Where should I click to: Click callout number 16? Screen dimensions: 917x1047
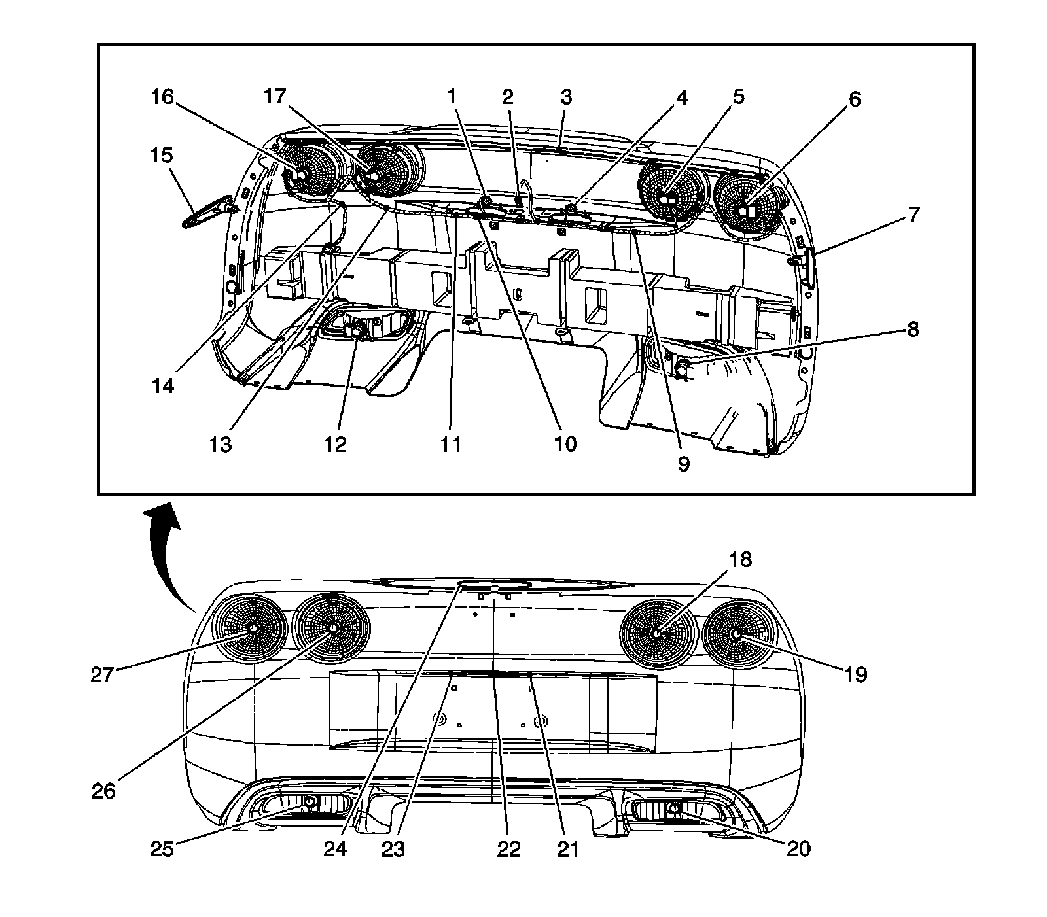pos(162,98)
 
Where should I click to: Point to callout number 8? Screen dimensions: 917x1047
pos(912,329)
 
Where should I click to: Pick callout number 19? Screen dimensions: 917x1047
pos(855,674)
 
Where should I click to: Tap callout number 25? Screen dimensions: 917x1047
pos(162,848)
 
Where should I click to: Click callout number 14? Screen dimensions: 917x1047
pos(164,386)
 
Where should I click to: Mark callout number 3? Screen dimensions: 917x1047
pos(566,97)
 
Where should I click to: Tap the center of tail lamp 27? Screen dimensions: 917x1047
pos(253,628)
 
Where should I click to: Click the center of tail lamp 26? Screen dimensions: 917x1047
pos(333,628)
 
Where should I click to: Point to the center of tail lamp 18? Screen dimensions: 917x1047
pos(656,633)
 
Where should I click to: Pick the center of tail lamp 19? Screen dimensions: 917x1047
pos(736,633)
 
